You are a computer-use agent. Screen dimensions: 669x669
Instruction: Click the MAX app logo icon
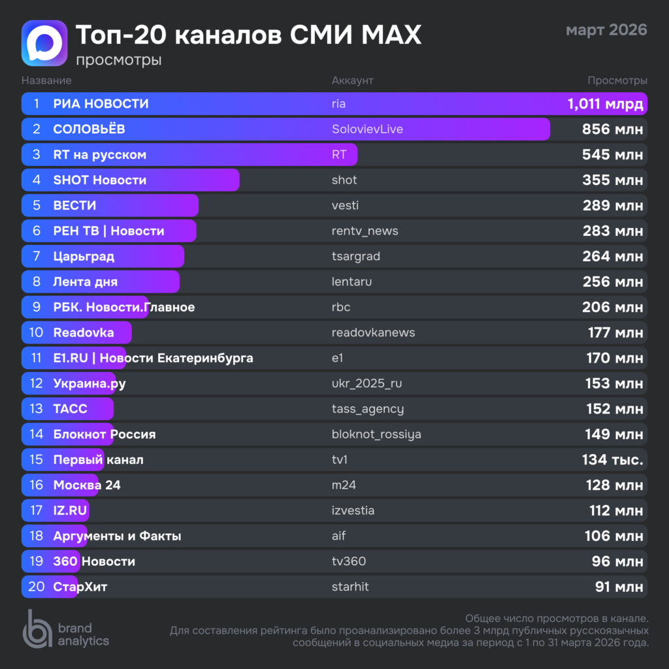coord(44,43)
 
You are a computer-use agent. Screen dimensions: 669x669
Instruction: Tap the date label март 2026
coord(606,30)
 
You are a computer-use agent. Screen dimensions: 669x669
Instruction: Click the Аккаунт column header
coord(352,80)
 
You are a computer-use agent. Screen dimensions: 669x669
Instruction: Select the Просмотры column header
coord(617,80)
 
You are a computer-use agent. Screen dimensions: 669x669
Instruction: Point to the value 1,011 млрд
coord(605,104)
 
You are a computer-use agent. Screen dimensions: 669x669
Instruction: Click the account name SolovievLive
coord(367,129)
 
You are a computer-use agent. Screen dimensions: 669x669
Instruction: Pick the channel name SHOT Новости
coord(99,180)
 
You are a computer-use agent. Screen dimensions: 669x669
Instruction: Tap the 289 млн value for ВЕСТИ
coord(613,206)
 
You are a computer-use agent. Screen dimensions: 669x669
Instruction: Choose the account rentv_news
coord(365,231)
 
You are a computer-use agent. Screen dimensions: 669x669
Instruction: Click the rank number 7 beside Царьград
coord(37,257)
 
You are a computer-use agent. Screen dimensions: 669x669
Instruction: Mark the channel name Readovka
coord(84,333)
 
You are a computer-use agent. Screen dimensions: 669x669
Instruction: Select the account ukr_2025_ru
coord(367,384)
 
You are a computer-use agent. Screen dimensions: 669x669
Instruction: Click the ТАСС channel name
coord(70,410)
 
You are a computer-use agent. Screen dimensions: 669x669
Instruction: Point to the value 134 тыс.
coord(612,461)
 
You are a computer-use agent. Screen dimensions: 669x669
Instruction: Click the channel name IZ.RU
coord(71,511)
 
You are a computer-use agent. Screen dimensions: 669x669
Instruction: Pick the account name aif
coord(338,536)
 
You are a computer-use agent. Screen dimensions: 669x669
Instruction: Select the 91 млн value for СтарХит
coord(619,587)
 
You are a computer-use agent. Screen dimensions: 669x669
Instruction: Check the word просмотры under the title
coord(118,60)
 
